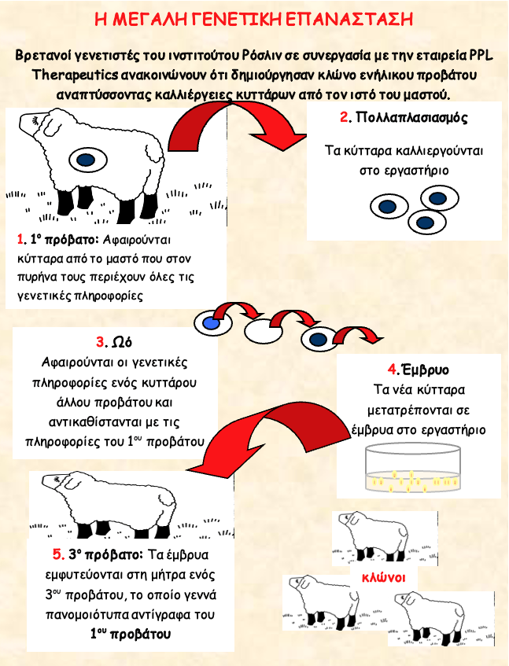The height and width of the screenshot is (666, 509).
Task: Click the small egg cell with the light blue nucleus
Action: (210, 322)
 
